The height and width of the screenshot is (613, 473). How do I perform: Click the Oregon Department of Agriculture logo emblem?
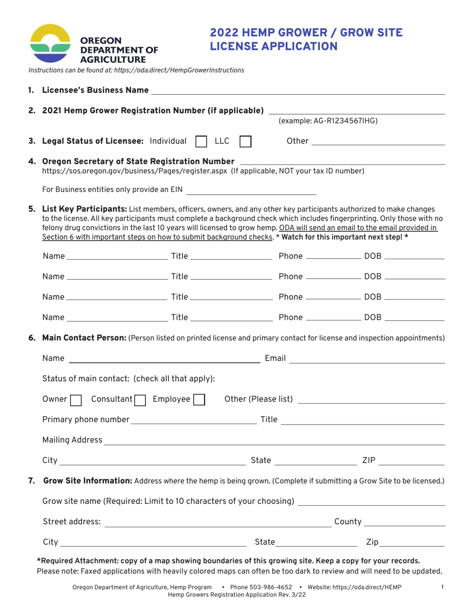click(x=51, y=43)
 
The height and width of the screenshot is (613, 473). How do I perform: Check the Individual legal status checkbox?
click(x=202, y=142)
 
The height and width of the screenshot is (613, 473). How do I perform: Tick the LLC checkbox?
click(x=245, y=142)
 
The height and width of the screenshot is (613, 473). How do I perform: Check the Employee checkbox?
click(x=199, y=400)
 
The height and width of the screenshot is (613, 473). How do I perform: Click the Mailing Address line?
click(x=274, y=441)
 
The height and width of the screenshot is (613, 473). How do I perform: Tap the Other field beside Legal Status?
click(x=377, y=142)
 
